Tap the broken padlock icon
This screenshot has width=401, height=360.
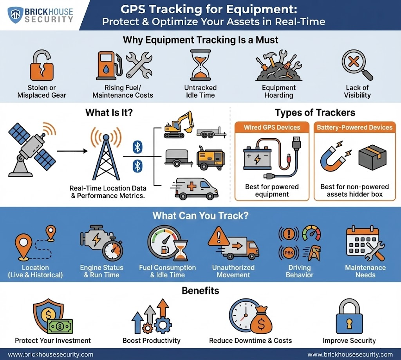pyautogui.click(x=41, y=66)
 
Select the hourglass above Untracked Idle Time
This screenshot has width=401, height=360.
pyautogui.click(x=200, y=65)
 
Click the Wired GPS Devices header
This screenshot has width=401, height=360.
pyautogui.click(x=272, y=127)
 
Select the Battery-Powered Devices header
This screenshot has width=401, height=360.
pyautogui.click(x=354, y=127)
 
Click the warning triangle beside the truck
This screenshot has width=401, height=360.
pyautogui.click(x=219, y=238)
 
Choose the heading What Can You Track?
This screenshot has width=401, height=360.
pyautogui.click(x=200, y=215)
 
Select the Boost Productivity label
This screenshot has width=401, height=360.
pyautogui.click(x=152, y=340)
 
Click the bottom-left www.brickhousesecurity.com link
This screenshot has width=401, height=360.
pyautogui.click(x=51, y=355)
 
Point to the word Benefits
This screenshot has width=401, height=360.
pyautogui.click(x=200, y=291)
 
